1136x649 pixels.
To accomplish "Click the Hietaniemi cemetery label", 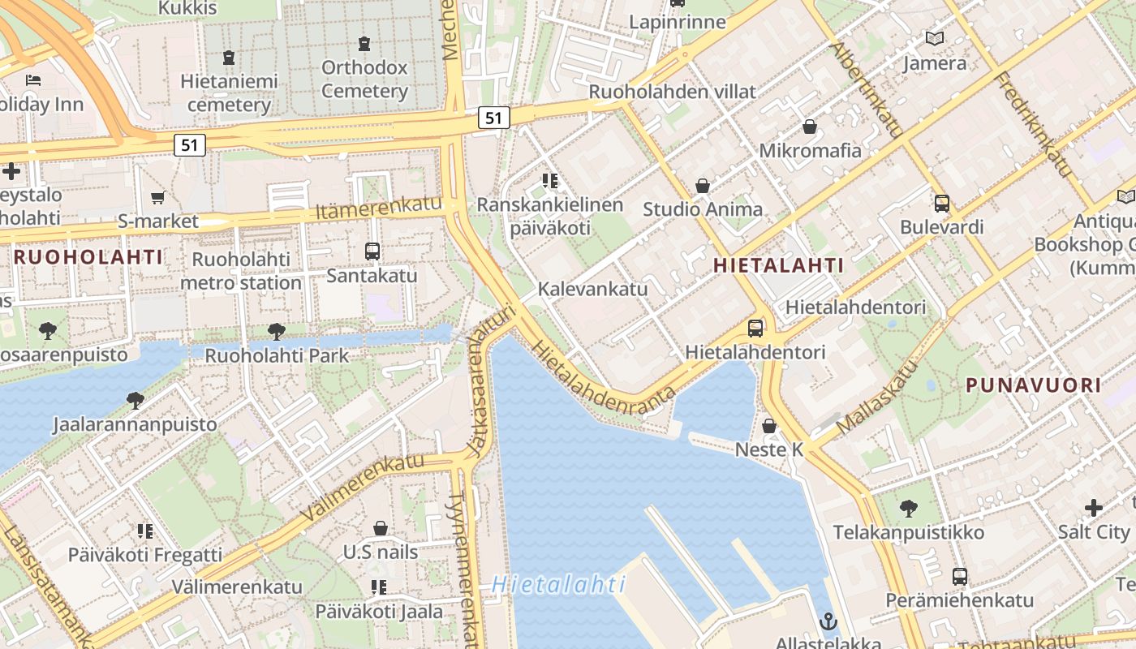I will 229,92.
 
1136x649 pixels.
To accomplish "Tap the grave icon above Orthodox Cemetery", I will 364,44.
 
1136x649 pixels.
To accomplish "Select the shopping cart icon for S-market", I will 158,197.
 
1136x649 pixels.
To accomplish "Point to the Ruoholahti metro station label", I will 241,271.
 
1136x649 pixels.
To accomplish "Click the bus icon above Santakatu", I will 372,251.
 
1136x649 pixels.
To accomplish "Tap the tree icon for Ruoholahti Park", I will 277,331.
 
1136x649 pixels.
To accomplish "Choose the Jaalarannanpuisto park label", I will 135,424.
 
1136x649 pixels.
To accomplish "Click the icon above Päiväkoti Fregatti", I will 145,531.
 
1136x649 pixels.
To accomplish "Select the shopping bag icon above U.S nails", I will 380,529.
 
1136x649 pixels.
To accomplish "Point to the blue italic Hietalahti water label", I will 558,584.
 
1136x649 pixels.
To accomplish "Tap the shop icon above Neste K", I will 769,426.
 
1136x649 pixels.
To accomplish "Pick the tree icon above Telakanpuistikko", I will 909,509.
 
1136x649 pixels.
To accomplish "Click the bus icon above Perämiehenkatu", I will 960,577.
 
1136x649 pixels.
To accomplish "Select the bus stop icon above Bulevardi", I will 942,203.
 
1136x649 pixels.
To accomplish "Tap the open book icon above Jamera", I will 935,38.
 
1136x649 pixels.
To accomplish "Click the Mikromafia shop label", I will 810,150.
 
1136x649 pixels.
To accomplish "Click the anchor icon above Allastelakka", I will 828,621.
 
